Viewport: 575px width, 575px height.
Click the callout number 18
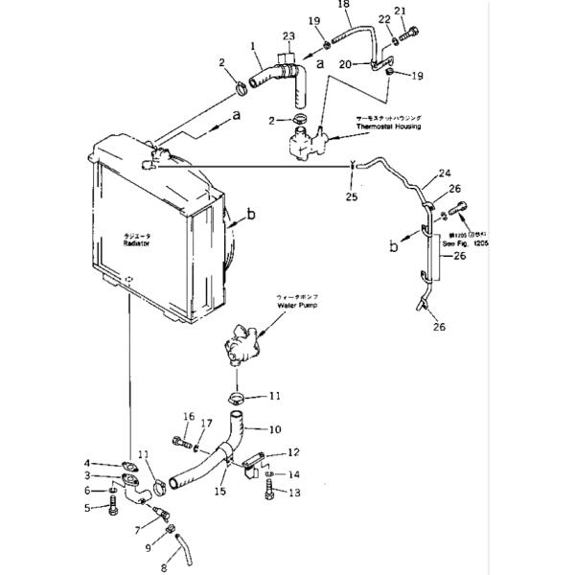coord(343,6)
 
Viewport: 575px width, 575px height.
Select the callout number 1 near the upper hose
coord(253,45)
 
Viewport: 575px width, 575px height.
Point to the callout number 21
coord(402,12)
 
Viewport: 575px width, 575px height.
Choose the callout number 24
coord(444,173)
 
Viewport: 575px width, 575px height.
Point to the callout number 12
coord(293,451)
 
